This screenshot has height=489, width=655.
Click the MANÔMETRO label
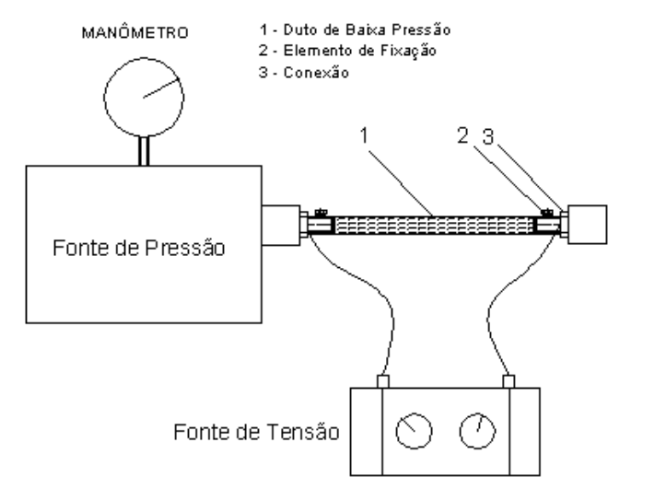(x=135, y=32)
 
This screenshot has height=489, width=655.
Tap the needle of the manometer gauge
(x=161, y=87)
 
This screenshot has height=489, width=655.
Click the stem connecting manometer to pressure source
(x=144, y=151)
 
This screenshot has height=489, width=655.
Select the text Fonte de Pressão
(x=139, y=248)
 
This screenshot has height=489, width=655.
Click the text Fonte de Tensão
(x=256, y=432)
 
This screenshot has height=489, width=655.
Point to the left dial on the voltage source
(x=414, y=431)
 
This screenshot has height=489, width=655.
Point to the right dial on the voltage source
(x=477, y=431)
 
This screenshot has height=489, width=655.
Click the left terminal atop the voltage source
(x=383, y=381)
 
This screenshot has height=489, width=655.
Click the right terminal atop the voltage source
(x=509, y=381)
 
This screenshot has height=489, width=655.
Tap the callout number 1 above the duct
(x=364, y=135)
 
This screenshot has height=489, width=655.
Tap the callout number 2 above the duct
(x=462, y=135)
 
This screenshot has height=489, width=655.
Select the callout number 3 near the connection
(x=488, y=136)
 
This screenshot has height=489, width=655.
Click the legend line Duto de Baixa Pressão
(x=355, y=29)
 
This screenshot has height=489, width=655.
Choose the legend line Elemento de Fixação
(x=347, y=51)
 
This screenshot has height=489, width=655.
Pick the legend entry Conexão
(x=304, y=72)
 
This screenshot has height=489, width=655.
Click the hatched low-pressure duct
(x=434, y=226)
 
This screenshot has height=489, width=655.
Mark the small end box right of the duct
(x=588, y=225)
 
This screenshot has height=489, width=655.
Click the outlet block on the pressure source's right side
(x=281, y=225)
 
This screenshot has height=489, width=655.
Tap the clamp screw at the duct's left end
(x=321, y=213)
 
